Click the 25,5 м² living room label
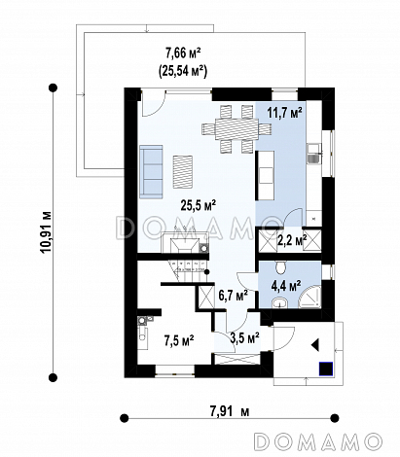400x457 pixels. (x=199, y=205)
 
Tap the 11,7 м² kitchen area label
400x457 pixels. (x=284, y=113)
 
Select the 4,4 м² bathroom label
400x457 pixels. (x=285, y=286)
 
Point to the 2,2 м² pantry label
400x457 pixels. (x=292, y=240)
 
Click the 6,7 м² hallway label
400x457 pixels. (x=233, y=296)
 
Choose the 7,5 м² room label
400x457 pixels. (x=179, y=341)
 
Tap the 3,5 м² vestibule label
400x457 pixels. (x=244, y=337)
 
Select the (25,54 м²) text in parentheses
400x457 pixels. (x=183, y=70)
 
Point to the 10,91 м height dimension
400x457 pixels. (x=47, y=232)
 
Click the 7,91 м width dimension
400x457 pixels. (x=230, y=411)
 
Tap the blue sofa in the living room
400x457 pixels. (x=151, y=172)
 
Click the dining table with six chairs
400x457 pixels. (x=236, y=128)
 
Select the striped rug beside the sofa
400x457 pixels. (x=183, y=172)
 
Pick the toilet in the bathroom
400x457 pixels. (x=280, y=267)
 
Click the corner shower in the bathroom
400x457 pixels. (x=309, y=298)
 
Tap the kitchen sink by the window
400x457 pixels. (x=314, y=154)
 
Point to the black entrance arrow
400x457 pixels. (x=315, y=345)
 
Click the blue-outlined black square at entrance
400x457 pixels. (x=326, y=369)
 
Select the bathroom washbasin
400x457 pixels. (x=279, y=302)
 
